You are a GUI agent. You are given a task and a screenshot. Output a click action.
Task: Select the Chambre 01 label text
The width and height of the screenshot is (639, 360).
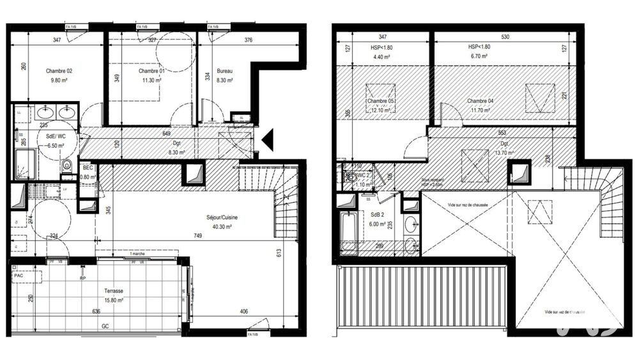152,70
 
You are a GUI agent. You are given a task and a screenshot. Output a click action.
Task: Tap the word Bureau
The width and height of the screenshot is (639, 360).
224,70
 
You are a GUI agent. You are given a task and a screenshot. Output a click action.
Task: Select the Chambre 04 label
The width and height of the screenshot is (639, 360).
480,101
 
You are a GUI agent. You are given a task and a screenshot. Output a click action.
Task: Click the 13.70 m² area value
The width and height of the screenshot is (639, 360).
504,153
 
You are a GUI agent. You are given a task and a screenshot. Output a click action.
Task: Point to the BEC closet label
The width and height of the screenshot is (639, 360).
87,168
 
